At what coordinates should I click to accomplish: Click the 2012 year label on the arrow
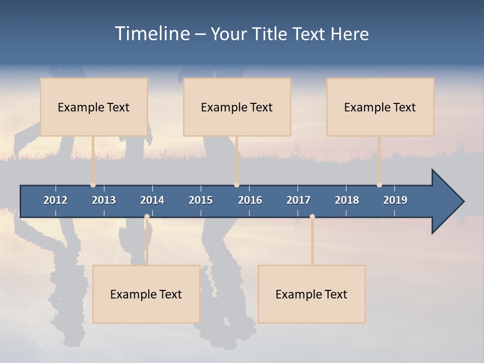55,200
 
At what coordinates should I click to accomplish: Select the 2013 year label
104,200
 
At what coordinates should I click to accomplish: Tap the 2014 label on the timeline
152,200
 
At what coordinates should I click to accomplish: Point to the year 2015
201,200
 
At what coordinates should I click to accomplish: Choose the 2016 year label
250,200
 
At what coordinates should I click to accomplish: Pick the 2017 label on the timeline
298,200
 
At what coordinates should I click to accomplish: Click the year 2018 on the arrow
347,200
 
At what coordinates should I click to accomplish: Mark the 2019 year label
395,200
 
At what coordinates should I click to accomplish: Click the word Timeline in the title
152,34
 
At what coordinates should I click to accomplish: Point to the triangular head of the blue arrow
446,202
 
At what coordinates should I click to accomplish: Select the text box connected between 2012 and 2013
94,107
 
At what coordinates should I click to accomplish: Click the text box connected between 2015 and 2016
237,107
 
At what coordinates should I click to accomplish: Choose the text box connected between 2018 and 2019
380,107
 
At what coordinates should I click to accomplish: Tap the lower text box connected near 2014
146,294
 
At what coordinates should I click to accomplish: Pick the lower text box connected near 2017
312,294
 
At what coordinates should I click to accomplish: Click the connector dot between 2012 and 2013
93,185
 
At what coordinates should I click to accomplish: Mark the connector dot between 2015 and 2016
236,185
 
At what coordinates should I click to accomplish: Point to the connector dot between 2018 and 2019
379,185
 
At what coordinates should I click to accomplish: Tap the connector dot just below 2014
147,217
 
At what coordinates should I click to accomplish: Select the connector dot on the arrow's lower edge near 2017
312,217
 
